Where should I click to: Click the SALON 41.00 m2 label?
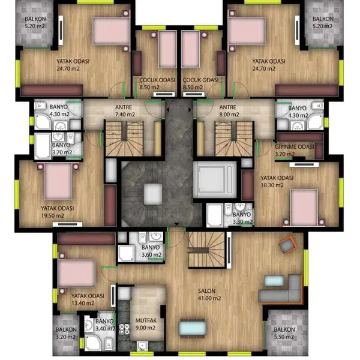[x=209, y=295]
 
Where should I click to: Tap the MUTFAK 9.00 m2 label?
[x=146, y=324]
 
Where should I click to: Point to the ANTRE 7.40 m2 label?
[x=125, y=110]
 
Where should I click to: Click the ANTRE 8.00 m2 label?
[x=229, y=110]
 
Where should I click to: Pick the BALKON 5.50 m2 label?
[x=284, y=333]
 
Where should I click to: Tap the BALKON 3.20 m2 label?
[x=66, y=333]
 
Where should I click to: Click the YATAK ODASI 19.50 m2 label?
[x=58, y=212]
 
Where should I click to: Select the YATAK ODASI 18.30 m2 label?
[x=277, y=181]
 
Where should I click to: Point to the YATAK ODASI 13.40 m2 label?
[x=88, y=299]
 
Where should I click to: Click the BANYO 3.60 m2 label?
[x=151, y=251]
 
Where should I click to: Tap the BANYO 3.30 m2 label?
[x=242, y=218]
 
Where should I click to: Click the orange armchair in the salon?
[x=287, y=245]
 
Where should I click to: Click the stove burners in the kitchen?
[x=124, y=329]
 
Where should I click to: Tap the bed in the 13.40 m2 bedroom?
[x=77, y=273]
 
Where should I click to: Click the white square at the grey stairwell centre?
[x=153, y=194]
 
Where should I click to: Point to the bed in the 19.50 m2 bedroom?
[x=58, y=181]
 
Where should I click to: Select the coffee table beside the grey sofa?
[x=274, y=281]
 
